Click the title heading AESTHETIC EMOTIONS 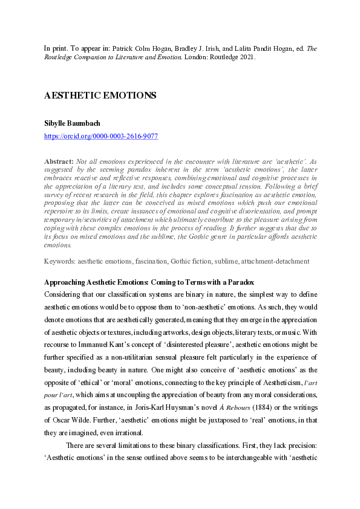100,96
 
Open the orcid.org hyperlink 101,137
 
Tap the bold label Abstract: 59,162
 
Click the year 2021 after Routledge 246,57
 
